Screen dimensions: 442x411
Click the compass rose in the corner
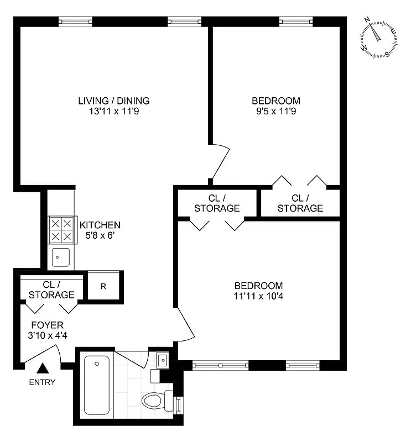(x=378, y=38)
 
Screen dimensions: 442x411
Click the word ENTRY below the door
(x=43, y=382)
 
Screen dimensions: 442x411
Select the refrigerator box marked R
(x=103, y=286)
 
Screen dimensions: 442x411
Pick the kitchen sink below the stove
(x=60, y=257)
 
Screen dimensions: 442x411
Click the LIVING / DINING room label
(x=113, y=101)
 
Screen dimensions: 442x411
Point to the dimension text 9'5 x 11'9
(x=275, y=111)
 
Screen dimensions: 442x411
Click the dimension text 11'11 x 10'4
(x=258, y=296)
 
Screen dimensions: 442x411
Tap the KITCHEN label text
(x=100, y=225)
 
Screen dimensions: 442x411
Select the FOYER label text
(x=47, y=325)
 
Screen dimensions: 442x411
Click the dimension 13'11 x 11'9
(x=113, y=111)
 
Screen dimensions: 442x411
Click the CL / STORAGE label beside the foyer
(x=51, y=290)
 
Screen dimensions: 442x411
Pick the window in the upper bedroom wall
(x=295, y=22)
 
